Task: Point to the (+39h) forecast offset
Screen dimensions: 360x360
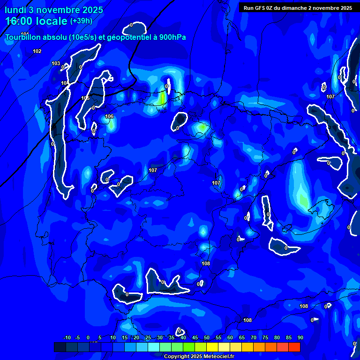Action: coord(81,21)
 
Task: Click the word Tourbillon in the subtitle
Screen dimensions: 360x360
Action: coord(23,37)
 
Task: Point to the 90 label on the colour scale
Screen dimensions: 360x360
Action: coord(300,338)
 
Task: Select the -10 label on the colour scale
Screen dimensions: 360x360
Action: coord(67,338)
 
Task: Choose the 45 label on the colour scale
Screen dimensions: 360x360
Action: coord(195,338)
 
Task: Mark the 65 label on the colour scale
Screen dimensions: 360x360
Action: coord(242,338)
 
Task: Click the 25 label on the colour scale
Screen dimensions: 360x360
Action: coord(148,338)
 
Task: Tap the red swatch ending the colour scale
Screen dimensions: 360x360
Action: coord(294,347)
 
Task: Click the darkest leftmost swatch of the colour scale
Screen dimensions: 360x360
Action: coord(60,347)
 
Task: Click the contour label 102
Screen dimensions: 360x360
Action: coord(37,51)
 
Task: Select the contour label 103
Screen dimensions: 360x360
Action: coord(56,63)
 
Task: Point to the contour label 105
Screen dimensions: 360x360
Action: coord(85,98)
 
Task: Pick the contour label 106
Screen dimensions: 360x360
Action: coord(109,116)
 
